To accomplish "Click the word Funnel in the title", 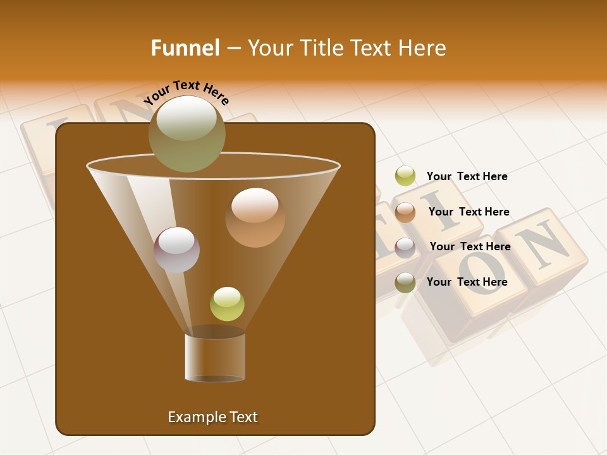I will tap(185, 48).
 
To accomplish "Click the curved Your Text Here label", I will tap(187, 92).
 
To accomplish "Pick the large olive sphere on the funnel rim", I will tap(187, 133).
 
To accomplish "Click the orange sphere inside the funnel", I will tap(255, 217).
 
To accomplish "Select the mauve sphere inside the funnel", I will tap(177, 250).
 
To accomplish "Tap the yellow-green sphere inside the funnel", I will tap(227, 304).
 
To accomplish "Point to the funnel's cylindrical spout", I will tap(215, 357).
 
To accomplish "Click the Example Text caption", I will tap(213, 417).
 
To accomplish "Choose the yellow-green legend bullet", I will tap(405, 176).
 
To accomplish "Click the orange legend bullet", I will tap(405, 212).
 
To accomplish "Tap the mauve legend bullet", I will tap(405, 247).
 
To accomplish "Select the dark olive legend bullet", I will tap(405, 282).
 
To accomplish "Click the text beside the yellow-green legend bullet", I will tap(467, 176).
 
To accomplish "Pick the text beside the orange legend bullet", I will tap(469, 212).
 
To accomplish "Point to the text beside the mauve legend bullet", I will tap(470, 246).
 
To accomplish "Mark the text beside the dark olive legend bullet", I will tap(467, 282).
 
